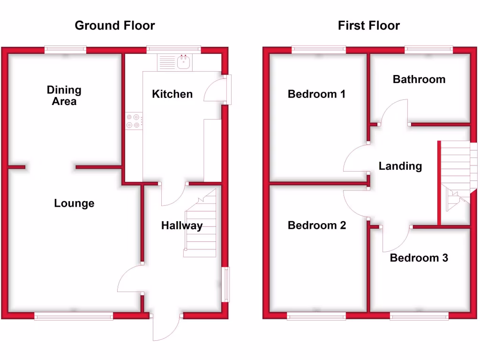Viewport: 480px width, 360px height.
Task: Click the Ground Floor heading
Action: tap(115, 25)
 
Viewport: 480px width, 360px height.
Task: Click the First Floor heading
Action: tap(369, 25)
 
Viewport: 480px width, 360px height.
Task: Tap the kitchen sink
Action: tap(183, 62)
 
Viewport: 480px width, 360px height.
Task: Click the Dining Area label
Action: tap(64, 95)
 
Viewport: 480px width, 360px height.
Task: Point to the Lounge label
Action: tap(74, 203)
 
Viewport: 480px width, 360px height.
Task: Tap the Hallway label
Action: tap(182, 225)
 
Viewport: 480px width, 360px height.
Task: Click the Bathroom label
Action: tap(419, 79)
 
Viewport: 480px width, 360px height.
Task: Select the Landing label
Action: tap(400, 166)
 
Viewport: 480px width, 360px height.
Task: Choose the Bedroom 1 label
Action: tap(316, 94)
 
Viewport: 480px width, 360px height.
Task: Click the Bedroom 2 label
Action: tap(317, 225)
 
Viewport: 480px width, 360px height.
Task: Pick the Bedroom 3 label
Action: tap(419, 258)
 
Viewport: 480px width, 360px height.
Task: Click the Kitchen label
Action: tap(172, 94)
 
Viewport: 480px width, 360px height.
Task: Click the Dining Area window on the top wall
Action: tap(66, 49)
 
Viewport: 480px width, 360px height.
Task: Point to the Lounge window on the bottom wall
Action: tap(74, 317)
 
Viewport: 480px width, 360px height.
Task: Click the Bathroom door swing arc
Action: tap(394, 112)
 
